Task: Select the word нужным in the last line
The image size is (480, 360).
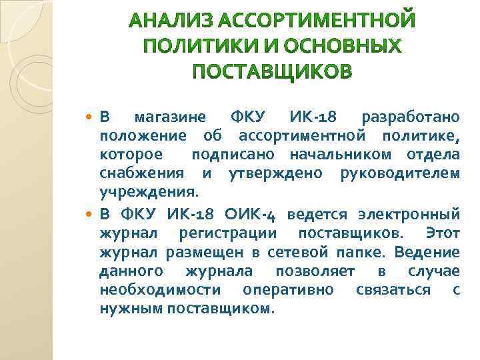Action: (x=127, y=309)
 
